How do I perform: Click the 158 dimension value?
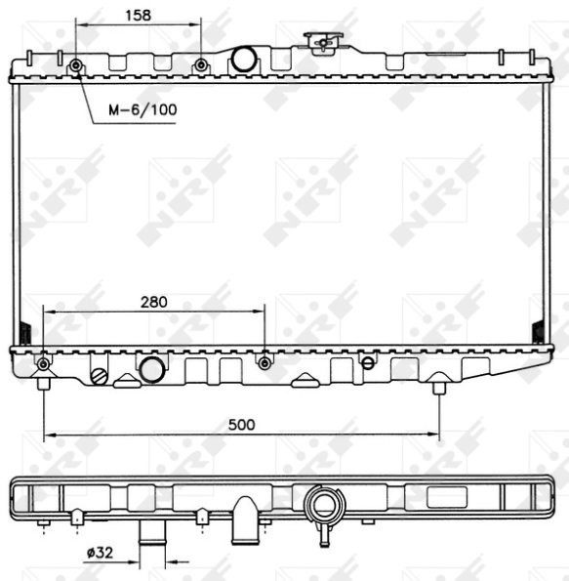point(139,16)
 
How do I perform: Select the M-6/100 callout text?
point(142,109)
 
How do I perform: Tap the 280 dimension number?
point(154,302)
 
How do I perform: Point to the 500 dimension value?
point(241,425)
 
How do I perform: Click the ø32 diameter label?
point(100,553)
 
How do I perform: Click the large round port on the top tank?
point(244,59)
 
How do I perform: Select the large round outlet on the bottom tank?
point(152,370)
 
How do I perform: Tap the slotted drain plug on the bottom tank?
point(100,377)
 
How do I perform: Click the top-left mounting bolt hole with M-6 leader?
point(76,65)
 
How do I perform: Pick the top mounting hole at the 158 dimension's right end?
point(201,65)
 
